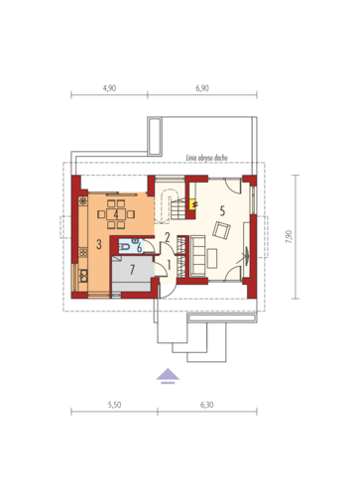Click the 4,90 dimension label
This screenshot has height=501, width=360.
tap(109, 88)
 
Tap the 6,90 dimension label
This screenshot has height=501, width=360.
tap(202, 88)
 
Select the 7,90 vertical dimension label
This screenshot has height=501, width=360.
tap(289, 237)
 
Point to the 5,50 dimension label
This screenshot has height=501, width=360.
tap(114, 405)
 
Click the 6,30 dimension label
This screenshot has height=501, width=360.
tap(207, 405)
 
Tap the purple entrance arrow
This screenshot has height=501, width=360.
tap(168, 376)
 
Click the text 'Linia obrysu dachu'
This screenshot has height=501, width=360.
tap(207, 158)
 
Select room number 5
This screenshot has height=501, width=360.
tap(222, 210)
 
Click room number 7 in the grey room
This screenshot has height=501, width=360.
tap(132, 270)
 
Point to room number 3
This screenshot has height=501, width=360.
tap(99, 244)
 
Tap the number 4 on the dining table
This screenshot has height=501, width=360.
tap(116, 214)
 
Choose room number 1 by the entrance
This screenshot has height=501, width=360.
tap(169, 265)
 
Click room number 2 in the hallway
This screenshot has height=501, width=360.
tap(168, 237)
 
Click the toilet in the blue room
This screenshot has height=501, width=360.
tap(125, 247)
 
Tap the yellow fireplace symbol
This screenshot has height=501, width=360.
tap(192, 204)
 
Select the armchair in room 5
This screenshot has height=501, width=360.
tap(221, 230)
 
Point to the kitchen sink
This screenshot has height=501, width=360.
tap(83, 275)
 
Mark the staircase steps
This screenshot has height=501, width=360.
tap(179, 209)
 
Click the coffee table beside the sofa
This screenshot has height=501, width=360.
tap(212, 258)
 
